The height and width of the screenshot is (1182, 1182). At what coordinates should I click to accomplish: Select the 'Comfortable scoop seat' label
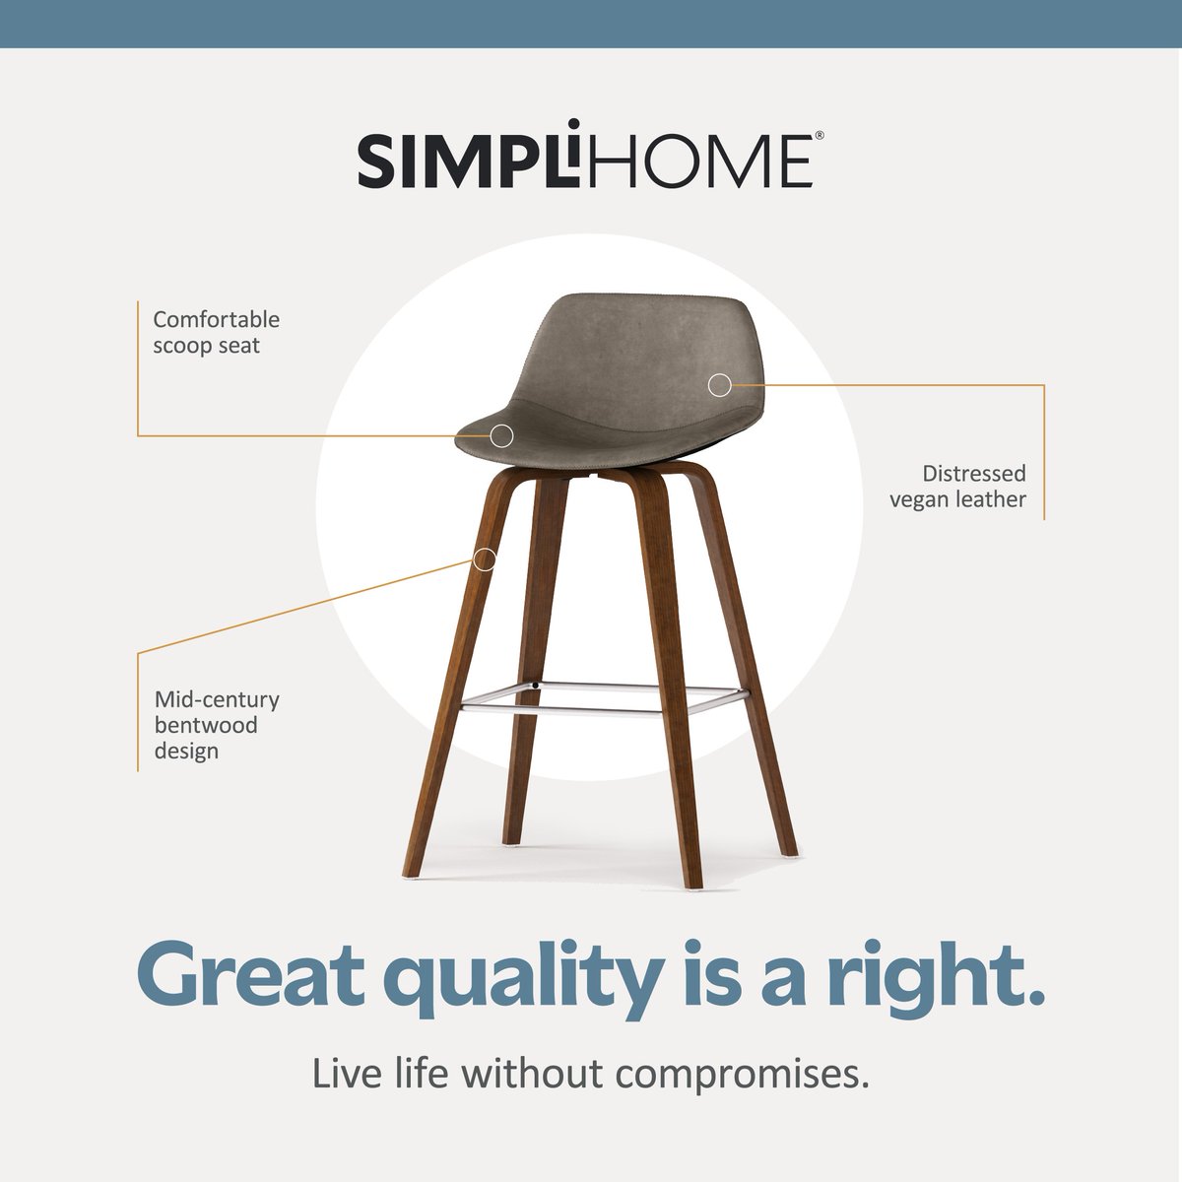click(x=216, y=333)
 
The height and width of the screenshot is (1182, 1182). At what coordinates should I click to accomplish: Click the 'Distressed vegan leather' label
click(x=957, y=487)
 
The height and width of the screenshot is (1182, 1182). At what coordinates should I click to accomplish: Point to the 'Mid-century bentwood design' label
click(x=217, y=725)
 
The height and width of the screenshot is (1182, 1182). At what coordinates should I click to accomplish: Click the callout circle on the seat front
click(x=502, y=434)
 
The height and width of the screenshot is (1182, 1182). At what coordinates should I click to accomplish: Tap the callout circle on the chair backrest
click(x=720, y=385)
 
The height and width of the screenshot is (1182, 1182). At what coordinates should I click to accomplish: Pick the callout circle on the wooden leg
click(x=484, y=559)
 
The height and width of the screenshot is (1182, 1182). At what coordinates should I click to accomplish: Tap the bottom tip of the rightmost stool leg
click(x=787, y=851)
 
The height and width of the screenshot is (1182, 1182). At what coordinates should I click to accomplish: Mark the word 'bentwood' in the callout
click(x=206, y=726)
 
